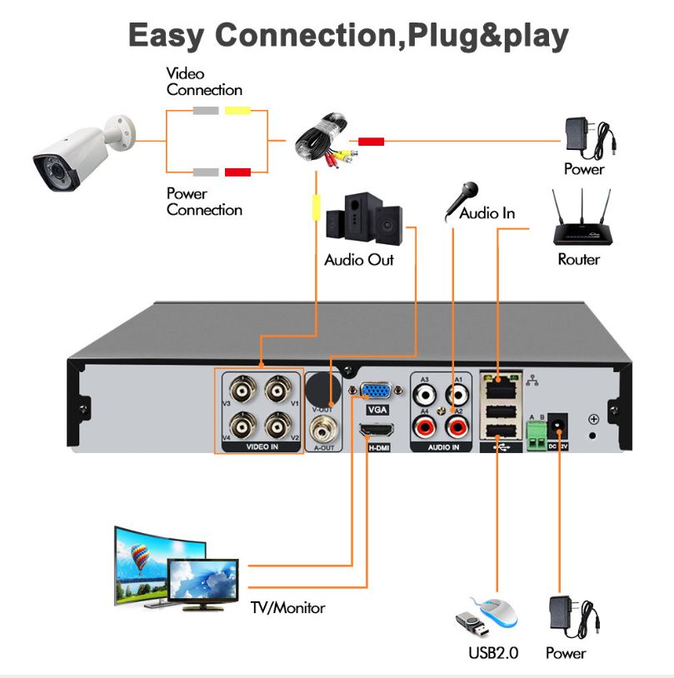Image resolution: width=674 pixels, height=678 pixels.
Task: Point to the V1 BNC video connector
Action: click(277, 389)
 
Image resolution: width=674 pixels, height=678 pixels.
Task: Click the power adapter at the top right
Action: click(588, 136)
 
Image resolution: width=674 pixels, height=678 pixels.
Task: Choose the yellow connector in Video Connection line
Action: click(237, 111)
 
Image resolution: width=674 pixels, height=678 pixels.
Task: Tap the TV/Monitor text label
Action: click(288, 608)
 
